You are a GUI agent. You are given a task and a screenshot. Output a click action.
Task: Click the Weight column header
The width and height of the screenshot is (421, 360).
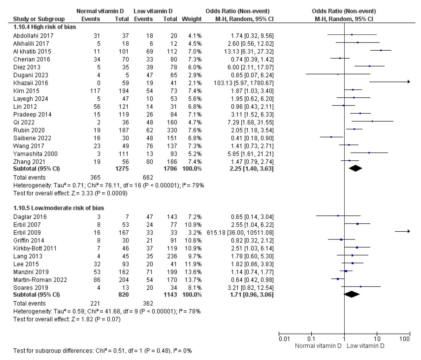(x=192, y=19)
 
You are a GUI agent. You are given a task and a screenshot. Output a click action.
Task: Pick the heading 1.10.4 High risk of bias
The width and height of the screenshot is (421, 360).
(x=44, y=26)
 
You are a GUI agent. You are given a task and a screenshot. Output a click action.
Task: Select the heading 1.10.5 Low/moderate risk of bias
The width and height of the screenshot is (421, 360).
(x=58, y=208)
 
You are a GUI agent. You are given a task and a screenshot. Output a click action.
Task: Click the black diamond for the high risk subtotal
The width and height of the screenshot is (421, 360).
(x=355, y=168)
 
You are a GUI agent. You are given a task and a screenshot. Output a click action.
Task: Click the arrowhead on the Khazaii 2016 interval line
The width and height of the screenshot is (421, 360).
(x=409, y=82)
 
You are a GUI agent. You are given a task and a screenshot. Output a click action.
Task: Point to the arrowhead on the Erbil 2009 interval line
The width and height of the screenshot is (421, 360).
(x=409, y=231)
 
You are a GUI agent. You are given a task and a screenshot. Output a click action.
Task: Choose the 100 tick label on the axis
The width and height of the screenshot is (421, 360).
(x=405, y=339)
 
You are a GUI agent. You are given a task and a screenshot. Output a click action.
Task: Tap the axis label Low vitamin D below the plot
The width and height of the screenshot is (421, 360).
(x=365, y=346)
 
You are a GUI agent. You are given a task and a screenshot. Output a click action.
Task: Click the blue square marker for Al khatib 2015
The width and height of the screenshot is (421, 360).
(x=381, y=50)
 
